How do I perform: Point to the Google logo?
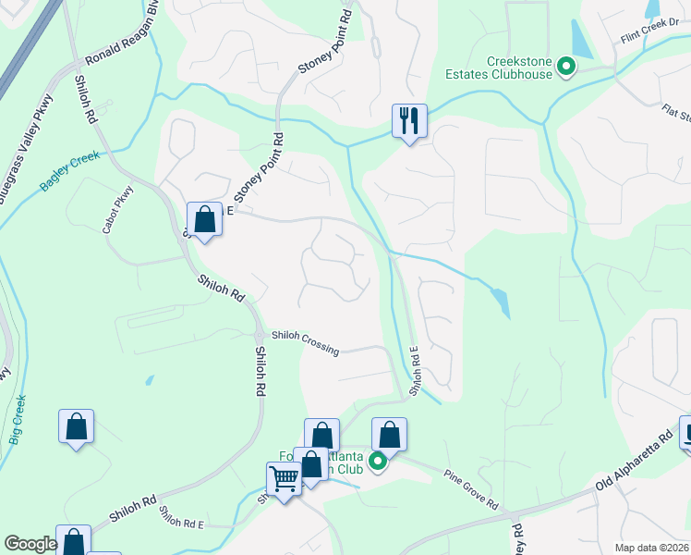tap(30, 544)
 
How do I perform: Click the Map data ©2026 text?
tap(652, 548)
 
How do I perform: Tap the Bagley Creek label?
tap(69, 171)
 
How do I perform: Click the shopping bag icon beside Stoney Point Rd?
tap(204, 219)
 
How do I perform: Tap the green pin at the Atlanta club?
tap(377, 461)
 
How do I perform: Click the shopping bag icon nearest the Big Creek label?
tap(76, 427)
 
